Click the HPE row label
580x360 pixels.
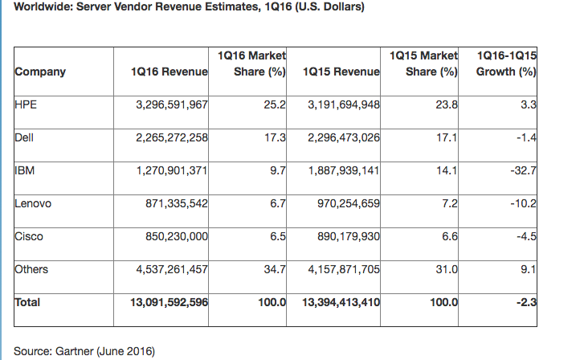[x=24, y=104]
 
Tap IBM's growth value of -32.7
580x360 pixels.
[x=523, y=170]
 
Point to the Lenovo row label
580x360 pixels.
[x=33, y=203]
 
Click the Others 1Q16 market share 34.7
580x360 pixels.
[x=275, y=270]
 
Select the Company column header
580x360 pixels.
[x=40, y=72]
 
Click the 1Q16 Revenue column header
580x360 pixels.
[x=169, y=72]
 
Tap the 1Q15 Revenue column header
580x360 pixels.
[x=341, y=72]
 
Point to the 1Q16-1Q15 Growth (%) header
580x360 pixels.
[x=506, y=64]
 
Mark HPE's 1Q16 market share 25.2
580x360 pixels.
[x=275, y=104]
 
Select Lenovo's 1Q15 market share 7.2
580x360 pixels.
[x=451, y=204]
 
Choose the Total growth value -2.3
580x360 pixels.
[x=527, y=303]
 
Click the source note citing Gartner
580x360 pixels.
[x=84, y=351]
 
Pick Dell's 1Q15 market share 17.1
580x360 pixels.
[x=447, y=137]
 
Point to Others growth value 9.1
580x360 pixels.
[x=529, y=270]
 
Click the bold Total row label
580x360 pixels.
[x=27, y=303]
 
